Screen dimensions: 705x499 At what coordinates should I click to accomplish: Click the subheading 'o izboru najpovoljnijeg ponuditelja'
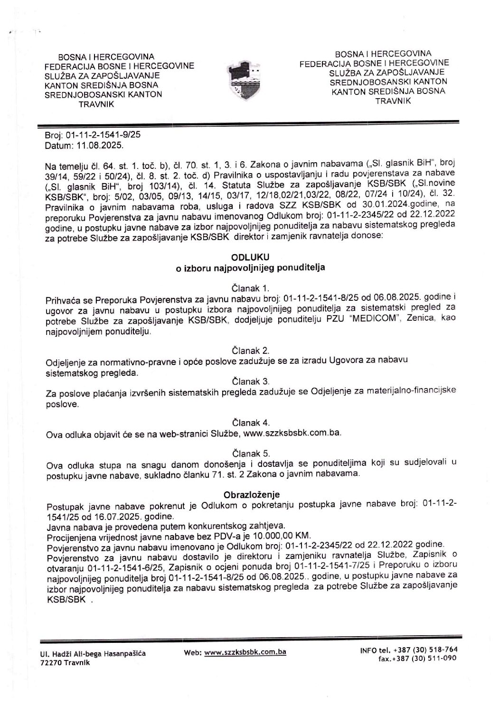pos(250,268)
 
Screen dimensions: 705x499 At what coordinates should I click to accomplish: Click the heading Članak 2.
pos(250,351)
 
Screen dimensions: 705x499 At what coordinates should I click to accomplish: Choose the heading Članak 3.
pos(250,381)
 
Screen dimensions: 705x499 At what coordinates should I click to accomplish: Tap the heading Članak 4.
pos(250,422)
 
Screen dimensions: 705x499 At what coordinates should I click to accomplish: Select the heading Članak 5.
pos(250,453)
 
